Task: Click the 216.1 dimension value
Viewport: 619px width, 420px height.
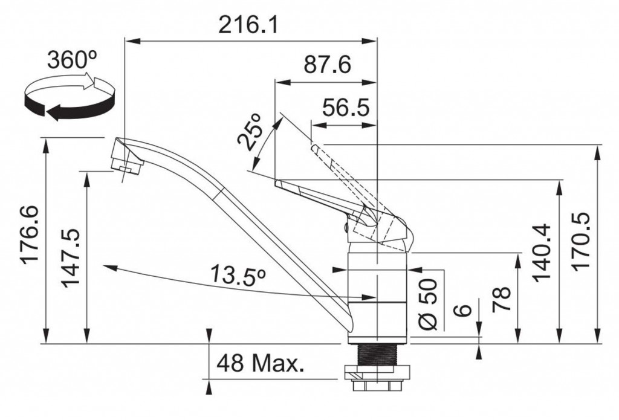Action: [248, 25]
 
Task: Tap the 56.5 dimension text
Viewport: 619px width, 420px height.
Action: [346, 108]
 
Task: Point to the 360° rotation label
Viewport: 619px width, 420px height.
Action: [73, 60]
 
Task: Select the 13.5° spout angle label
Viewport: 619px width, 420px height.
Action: [237, 274]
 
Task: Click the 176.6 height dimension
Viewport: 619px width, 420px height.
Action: [30, 235]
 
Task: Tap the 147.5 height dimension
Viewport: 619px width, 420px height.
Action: [71, 258]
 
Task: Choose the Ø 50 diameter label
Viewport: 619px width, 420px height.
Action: [428, 304]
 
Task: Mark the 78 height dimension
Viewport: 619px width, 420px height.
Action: [502, 300]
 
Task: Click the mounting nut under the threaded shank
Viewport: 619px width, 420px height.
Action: [378, 378]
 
